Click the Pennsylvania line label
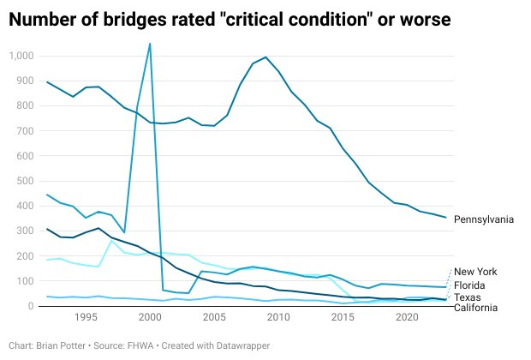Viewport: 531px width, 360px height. coord(483,219)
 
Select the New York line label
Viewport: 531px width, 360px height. coord(474,272)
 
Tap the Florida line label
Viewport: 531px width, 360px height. coord(470,285)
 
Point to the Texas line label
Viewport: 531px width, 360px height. coord(468,297)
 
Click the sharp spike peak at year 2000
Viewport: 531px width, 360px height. coord(150,44)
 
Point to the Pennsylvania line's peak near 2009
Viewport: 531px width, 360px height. coord(265,57)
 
